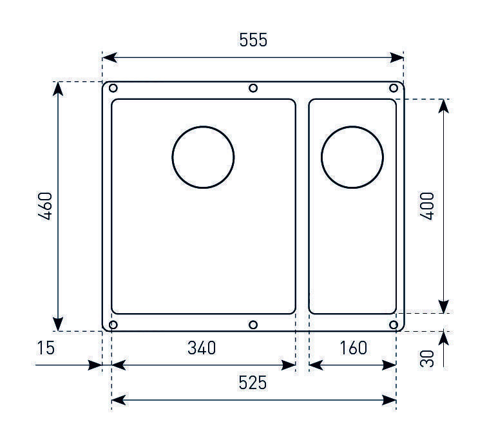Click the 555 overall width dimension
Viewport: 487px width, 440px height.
point(253,40)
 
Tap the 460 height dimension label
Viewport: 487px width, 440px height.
point(45,206)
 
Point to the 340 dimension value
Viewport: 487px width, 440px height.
point(202,348)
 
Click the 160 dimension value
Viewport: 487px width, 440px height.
point(354,348)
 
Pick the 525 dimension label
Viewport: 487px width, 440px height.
point(253,383)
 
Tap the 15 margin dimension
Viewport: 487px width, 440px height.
point(46,348)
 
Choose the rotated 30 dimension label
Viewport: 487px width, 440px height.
point(427,359)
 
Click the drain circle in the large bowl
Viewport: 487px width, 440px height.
point(203,126)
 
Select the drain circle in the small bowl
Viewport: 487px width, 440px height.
point(352,126)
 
